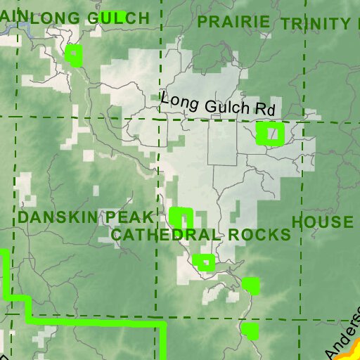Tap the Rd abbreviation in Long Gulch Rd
pos(264,110)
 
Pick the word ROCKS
pos(264,234)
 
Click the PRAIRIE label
pos(233,22)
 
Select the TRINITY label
pos(314,24)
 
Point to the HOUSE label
pos(323,222)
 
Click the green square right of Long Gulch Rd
pos(270,133)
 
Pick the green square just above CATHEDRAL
pos(181,217)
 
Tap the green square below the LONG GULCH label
pos(74,55)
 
